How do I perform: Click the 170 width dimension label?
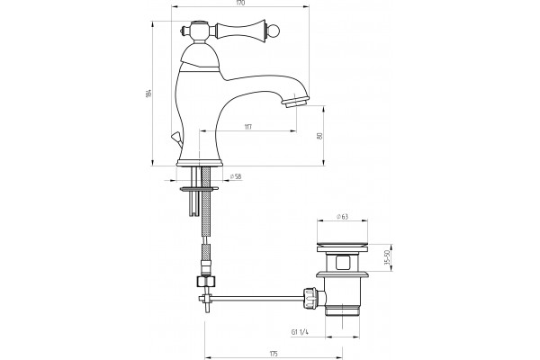tap(240, 3)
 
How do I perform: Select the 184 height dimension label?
tap(148, 93)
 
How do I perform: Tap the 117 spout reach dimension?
tap(248, 127)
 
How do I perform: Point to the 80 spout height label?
tap(319, 136)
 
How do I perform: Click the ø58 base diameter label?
tap(236, 176)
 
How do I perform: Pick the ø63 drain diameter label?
tap(342, 216)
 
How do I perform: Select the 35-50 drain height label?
tap(386, 257)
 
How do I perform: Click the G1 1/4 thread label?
tap(300, 332)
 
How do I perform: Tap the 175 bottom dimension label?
tap(274, 354)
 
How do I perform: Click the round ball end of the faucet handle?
tap(274, 31)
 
